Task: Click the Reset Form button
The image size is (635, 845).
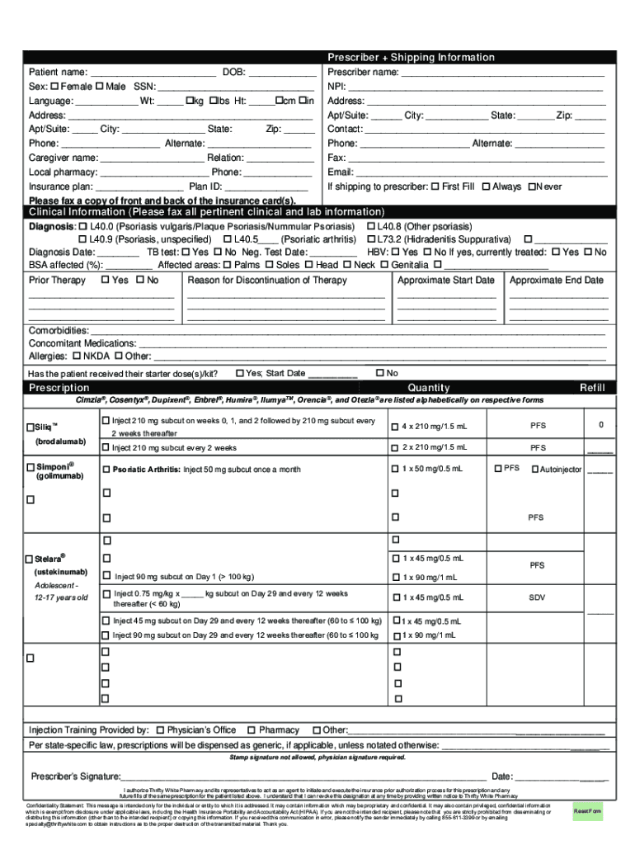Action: coord(588,812)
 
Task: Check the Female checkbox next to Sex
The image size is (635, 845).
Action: coord(54,86)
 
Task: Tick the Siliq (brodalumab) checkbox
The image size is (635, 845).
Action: coord(30,427)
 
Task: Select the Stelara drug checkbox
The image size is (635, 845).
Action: coord(30,559)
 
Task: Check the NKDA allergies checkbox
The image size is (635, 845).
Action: coord(77,356)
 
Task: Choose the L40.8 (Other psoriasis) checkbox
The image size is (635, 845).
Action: coord(371,226)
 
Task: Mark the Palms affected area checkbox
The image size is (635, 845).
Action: coord(227,265)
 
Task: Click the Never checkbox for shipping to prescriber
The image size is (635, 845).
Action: coord(532,186)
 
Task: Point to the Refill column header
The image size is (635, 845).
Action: coord(592,388)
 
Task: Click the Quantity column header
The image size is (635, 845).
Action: coord(429,388)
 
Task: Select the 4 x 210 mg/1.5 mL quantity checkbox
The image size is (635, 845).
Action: coord(394,427)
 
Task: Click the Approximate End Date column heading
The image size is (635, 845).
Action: coord(557,281)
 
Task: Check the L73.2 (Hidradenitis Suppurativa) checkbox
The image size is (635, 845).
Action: coord(371,239)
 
